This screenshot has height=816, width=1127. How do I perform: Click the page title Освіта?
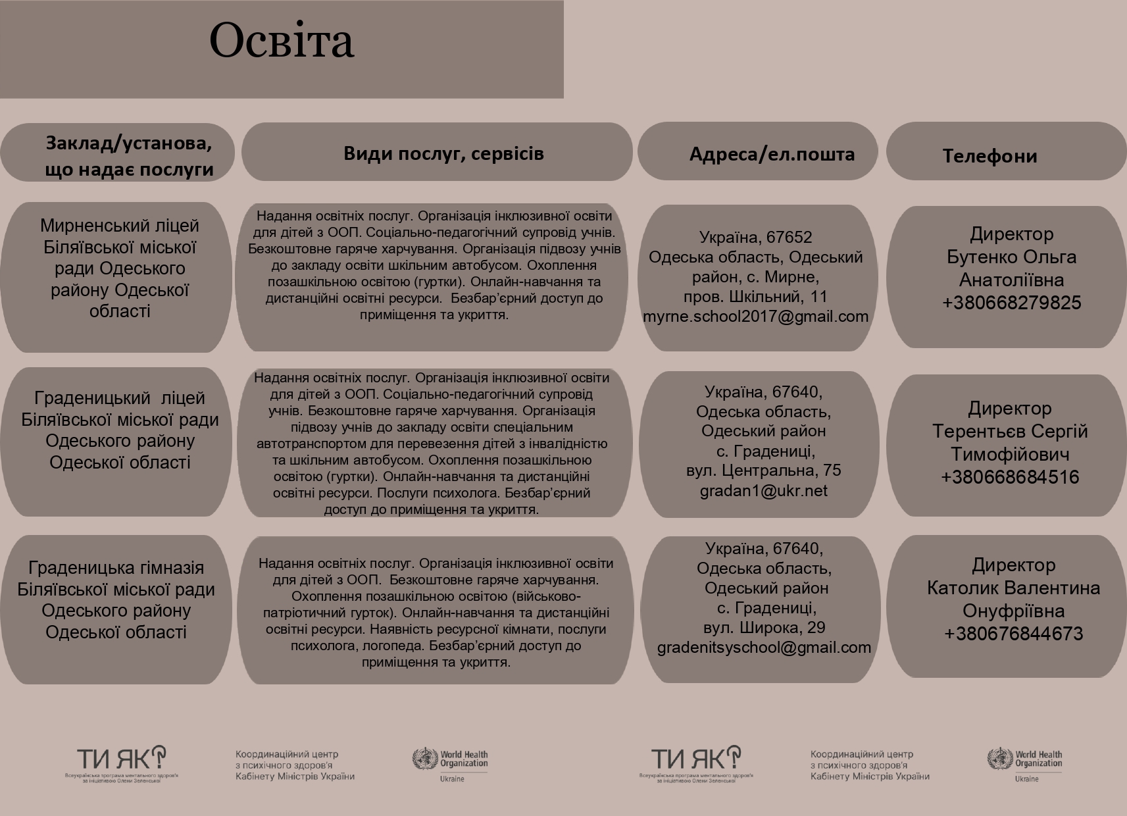(282, 41)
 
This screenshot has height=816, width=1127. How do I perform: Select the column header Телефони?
(989, 156)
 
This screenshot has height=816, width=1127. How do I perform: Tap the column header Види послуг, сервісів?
(443, 153)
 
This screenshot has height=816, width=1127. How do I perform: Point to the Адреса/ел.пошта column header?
(772, 154)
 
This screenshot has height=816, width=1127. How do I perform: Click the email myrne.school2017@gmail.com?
(755, 317)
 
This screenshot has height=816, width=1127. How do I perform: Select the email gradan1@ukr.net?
(763, 491)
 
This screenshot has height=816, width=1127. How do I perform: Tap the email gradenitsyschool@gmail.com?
(764, 648)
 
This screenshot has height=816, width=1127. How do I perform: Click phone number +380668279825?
(1011, 303)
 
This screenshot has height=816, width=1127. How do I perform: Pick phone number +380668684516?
(1010, 477)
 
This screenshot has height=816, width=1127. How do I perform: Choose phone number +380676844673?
(1013, 634)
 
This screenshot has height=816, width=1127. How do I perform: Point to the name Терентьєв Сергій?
(1010, 432)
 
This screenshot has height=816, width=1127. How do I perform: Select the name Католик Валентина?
(1013, 588)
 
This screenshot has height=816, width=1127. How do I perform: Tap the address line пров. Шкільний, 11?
(755, 297)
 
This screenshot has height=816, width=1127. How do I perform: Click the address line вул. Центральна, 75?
(763, 471)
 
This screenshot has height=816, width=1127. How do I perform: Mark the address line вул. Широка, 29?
(764, 628)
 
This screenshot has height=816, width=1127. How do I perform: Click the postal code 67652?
(789, 237)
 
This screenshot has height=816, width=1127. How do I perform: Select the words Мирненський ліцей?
(119, 226)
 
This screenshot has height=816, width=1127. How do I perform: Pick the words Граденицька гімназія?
(116, 568)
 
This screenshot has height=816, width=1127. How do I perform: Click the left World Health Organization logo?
(451, 763)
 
